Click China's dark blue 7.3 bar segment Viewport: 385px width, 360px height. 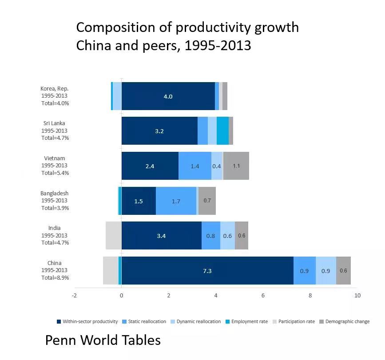click(x=207, y=270)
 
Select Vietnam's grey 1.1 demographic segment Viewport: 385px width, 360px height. click(x=236, y=166)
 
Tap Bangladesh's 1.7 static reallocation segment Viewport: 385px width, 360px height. click(x=176, y=201)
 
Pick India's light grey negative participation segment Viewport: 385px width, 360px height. click(x=114, y=236)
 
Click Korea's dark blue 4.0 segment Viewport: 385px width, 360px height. click(x=168, y=96)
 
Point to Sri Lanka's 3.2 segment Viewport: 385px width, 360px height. click(x=159, y=131)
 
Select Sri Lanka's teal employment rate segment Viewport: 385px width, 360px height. click(x=223, y=131)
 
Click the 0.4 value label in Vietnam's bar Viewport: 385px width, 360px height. click(x=217, y=166)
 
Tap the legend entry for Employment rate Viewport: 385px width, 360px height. click(x=246, y=321)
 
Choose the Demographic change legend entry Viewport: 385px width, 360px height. click(x=345, y=321)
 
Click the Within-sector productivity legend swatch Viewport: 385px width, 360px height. click(x=59, y=321)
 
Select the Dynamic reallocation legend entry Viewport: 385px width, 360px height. click(x=196, y=321)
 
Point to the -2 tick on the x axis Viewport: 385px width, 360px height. click(x=74, y=296)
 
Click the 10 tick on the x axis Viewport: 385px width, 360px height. click(x=357, y=296)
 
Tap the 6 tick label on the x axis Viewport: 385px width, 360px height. click(x=263, y=296)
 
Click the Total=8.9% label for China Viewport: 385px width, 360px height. click(x=55, y=277)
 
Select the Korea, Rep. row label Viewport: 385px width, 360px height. click(x=54, y=89)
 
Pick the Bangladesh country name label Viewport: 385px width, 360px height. click(x=54, y=194)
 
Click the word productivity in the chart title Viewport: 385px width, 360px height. click(x=213, y=28)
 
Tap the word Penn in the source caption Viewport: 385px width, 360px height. click(x=61, y=340)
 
